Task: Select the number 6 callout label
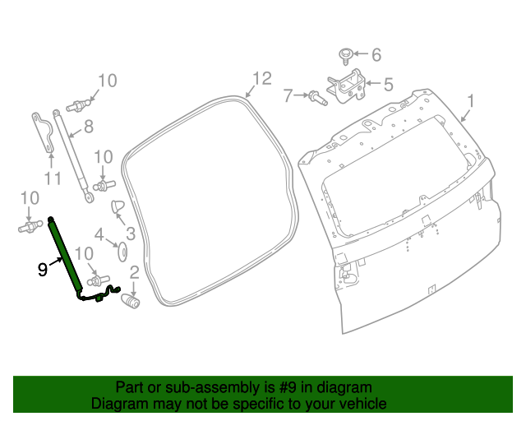pos(376,55)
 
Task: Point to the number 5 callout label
pos(388,83)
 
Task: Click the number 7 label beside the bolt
pos(288,96)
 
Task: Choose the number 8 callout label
pos(88,127)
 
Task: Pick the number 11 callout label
pos(53,178)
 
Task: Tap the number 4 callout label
pos(99,234)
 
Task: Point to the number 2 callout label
pos(134,271)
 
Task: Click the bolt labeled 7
pos(318,98)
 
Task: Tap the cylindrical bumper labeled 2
pos(131,302)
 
